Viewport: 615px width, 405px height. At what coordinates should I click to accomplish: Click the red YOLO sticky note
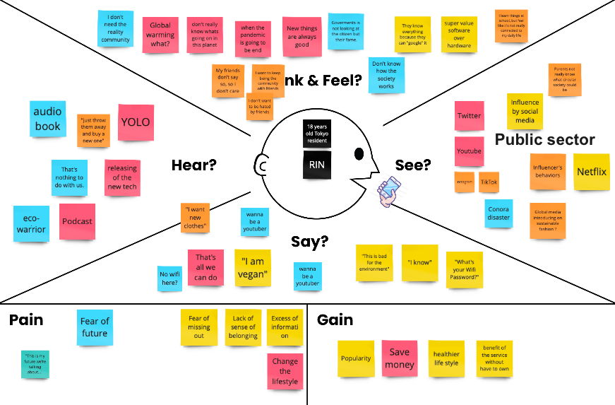click(x=136, y=122)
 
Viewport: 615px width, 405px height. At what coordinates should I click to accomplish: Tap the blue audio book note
click(x=48, y=119)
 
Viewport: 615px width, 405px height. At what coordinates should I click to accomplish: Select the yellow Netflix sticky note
click(x=591, y=172)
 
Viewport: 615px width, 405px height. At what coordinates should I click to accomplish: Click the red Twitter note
click(x=469, y=116)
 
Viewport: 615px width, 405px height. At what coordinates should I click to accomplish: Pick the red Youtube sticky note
click(x=469, y=151)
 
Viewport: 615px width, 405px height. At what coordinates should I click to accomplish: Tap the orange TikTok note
click(x=489, y=182)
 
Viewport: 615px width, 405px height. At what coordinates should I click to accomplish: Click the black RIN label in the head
click(x=318, y=164)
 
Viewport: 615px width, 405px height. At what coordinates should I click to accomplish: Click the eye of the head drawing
click(x=359, y=153)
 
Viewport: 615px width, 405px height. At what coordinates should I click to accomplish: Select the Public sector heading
click(x=544, y=140)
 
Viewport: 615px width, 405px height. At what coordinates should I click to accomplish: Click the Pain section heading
click(x=26, y=320)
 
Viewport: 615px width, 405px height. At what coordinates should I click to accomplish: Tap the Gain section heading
click(x=335, y=320)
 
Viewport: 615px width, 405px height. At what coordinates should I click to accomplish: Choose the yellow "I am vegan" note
click(x=252, y=268)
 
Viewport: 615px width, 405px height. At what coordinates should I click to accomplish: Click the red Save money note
click(x=400, y=358)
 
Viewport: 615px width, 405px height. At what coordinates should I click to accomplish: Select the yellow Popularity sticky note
click(x=356, y=358)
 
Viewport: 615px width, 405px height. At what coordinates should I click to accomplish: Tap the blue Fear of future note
click(x=95, y=328)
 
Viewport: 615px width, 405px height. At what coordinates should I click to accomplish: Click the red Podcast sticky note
click(x=77, y=221)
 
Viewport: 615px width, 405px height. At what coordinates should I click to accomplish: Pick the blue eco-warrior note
click(x=31, y=224)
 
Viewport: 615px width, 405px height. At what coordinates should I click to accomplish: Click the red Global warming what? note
click(x=160, y=35)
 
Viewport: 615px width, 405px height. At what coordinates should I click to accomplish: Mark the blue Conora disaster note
click(x=498, y=213)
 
